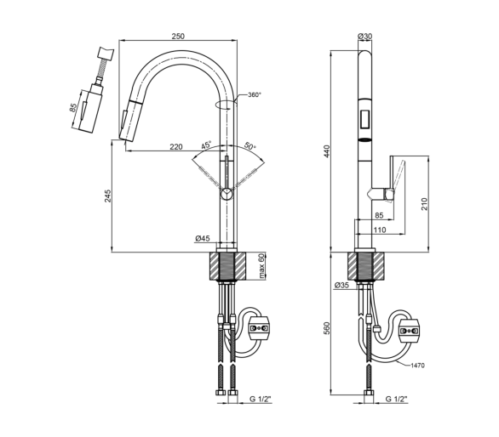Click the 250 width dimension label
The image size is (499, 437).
coord(178,36)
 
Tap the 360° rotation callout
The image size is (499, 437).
coord(255,94)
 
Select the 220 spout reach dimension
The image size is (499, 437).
coord(176,146)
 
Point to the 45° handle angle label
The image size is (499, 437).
coord(206,145)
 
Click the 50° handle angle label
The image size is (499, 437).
coord(250,146)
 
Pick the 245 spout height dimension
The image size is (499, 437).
coord(108,196)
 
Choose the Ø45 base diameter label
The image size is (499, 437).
coord(203,238)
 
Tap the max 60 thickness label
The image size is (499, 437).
coord(261,266)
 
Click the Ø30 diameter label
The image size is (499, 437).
coord(364,36)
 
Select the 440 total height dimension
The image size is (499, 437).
coord(327,151)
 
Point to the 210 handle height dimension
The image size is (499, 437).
coord(425,204)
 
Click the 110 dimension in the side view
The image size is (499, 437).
coord(379,230)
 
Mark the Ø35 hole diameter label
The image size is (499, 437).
coord(341,285)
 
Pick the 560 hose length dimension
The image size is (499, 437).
coord(327,328)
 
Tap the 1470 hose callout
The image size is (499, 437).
coord(417,366)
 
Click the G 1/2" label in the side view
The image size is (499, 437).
coord(397,399)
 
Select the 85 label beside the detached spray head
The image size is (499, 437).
coord(73,108)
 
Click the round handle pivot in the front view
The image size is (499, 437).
coord(227,193)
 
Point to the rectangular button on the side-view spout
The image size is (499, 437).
coord(364,118)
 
